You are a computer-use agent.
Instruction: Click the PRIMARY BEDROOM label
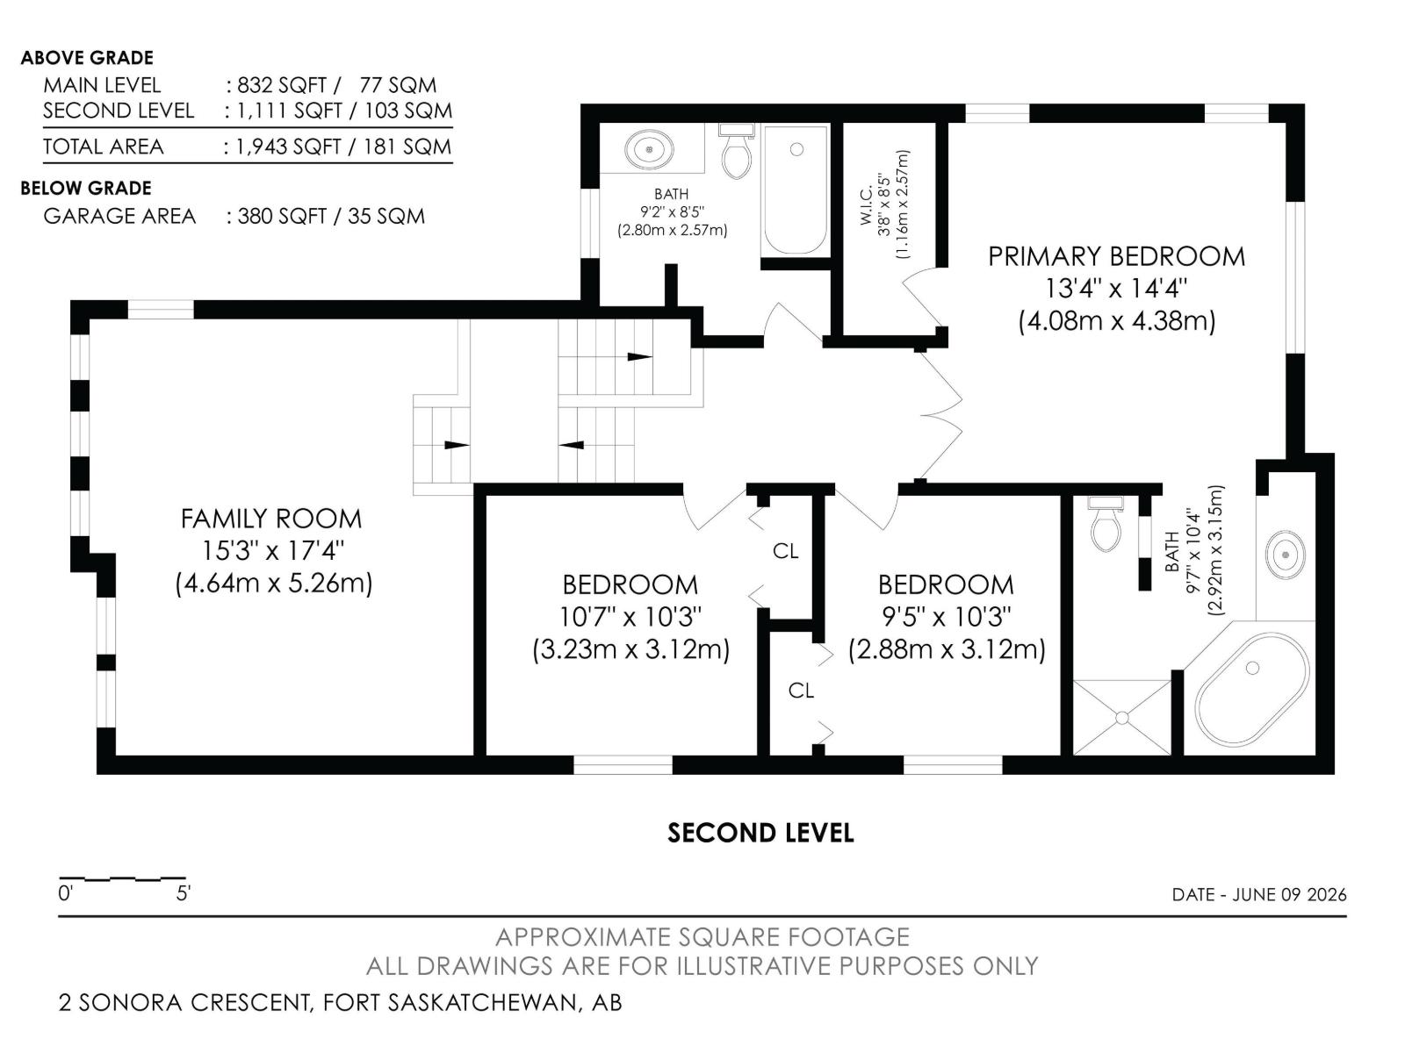[1116, 256]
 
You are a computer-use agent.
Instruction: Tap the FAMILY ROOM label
[271, 519]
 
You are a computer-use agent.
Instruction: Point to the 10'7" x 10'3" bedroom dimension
[630, 617]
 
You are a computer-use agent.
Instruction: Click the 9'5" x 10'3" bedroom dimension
[947, 617]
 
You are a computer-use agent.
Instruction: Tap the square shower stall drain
[1122, 718]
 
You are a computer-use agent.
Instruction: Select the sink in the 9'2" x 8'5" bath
[649, 149]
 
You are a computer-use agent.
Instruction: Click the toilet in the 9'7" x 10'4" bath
[1106, 524]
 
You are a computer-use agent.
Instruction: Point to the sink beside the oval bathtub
[1286, 555]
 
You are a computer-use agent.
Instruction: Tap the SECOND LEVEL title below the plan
[760, 833]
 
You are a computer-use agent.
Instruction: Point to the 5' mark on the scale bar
[183, 893]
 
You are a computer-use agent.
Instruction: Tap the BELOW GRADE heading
[86, 188]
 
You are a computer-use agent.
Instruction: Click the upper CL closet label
[785, 550]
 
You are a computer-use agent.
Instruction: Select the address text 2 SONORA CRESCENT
[184, 1002]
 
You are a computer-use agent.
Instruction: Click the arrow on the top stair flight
[639, 357]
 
